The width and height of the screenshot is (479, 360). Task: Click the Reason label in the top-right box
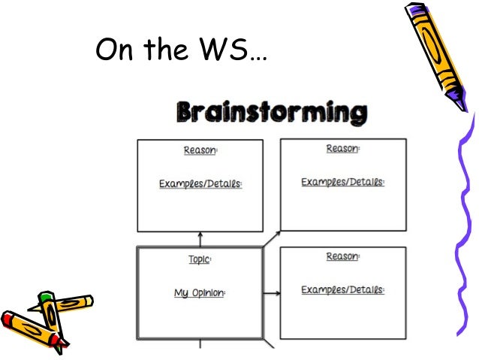pyautogui.click(x=342, y=149)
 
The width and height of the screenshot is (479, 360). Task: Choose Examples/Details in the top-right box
pyautogui.click(x=342, y=183)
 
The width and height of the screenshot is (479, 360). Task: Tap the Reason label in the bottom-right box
pyautogui.click(x=342, y=257)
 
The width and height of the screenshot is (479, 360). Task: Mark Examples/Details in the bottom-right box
pyautogui.click(x=342, y=290)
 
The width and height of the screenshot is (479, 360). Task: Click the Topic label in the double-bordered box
pyautogui.click(x=200, y=259)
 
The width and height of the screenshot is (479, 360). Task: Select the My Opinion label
pyautogui.click(x=200, y=293)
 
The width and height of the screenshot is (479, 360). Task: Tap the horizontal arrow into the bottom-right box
pyautogui.click(x=271, y=293)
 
